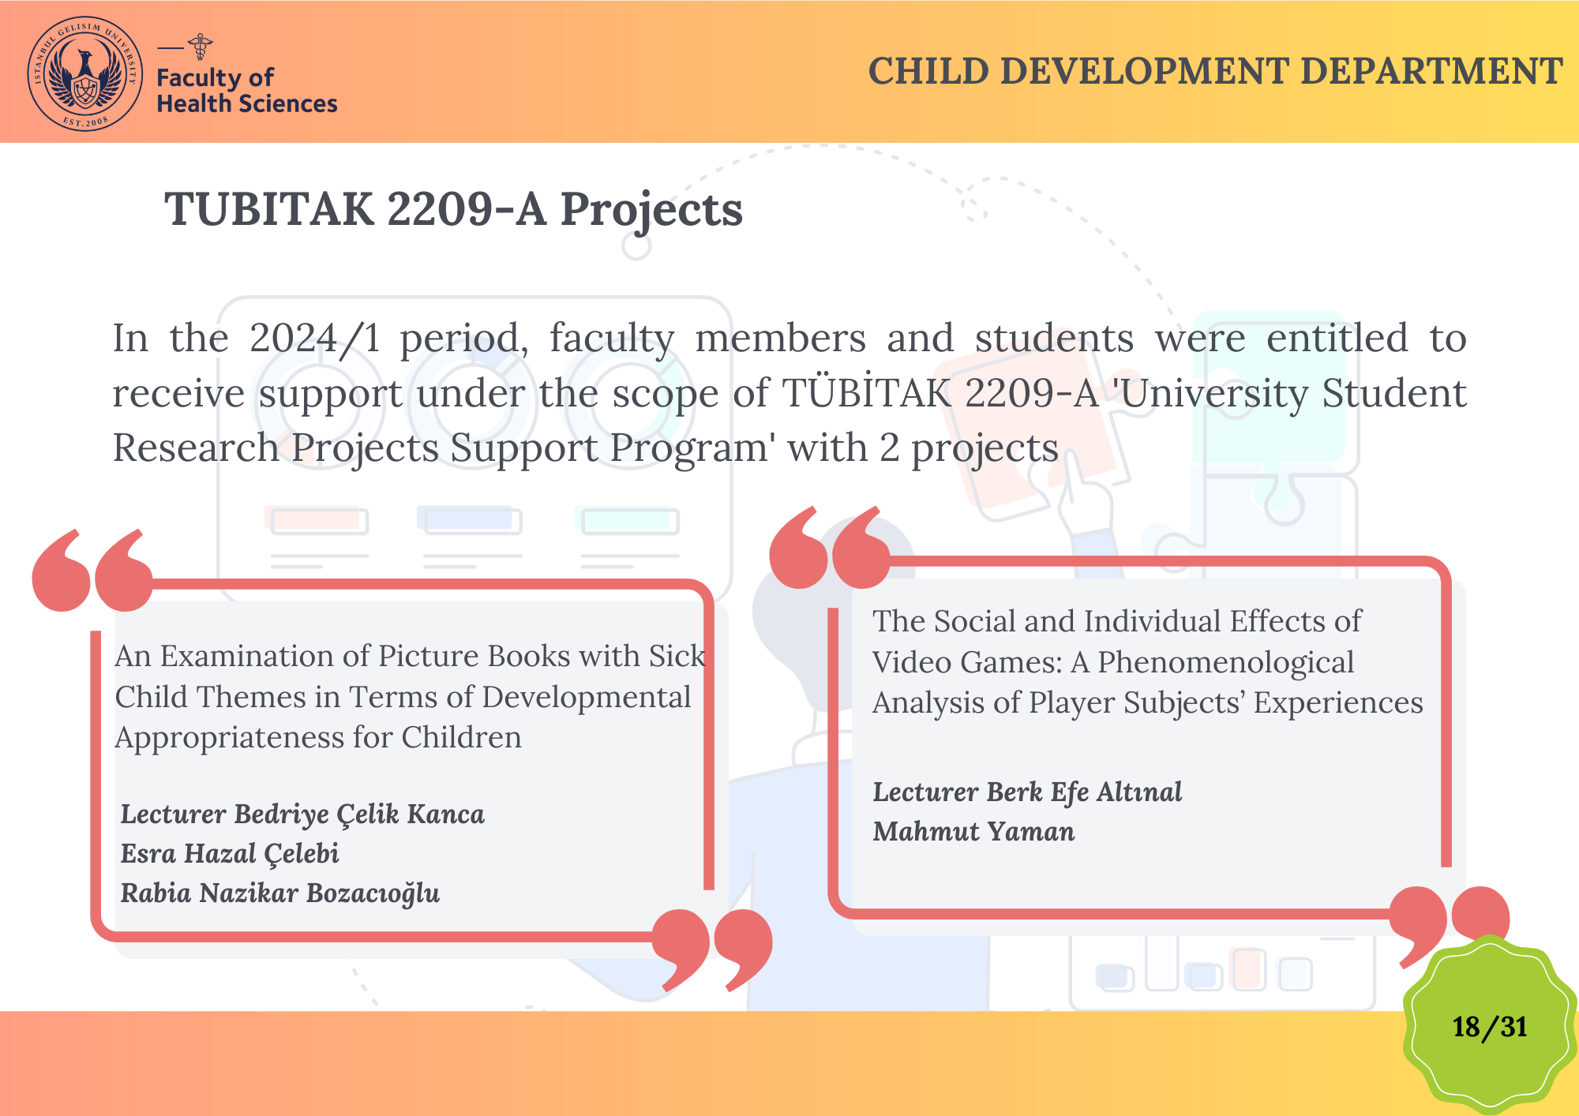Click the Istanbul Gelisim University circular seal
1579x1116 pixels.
tap(85, 73)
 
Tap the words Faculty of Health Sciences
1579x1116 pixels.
tap(246, 90)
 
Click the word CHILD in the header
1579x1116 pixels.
tap(928, 71)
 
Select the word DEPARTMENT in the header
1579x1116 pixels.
tap(1431, 71)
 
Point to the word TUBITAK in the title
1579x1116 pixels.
tap(269, 209)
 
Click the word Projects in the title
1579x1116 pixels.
tap(651, 211)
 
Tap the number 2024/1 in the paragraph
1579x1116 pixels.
tap(315, 339)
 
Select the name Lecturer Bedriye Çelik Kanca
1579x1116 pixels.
tap(302, 815)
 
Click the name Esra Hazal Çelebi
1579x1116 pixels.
tap(230, 853)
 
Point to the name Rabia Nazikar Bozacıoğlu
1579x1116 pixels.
tap(280, 893)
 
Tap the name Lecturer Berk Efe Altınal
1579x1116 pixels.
tap(1027, 792)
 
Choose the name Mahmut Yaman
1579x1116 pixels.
tap(973, 831)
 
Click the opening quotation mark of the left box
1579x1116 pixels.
tap(92, 570)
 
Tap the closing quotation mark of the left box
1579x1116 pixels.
tap(712, 949)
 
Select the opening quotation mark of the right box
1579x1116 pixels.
tap(829, 547)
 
